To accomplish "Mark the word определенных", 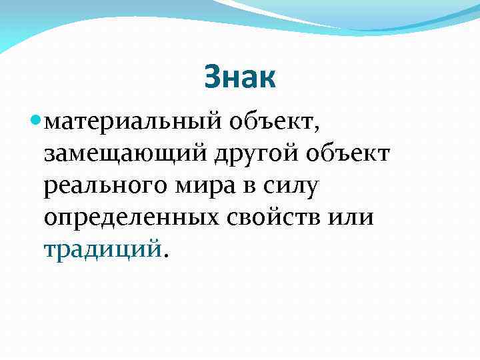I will coord(127,219).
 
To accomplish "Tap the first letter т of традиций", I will coord(50,249).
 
